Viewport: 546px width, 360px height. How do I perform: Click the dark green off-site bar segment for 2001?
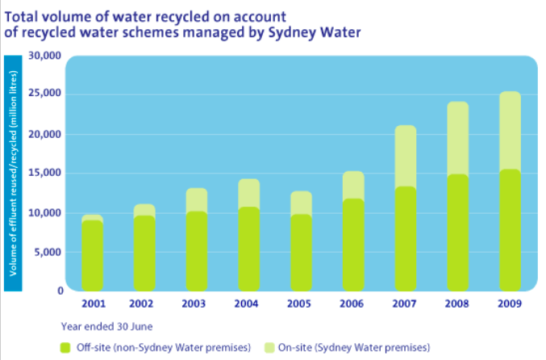tap(93, 255)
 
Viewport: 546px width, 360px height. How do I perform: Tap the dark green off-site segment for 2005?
tap(301, 252)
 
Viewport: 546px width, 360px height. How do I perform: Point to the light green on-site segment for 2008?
tap(457, 137)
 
